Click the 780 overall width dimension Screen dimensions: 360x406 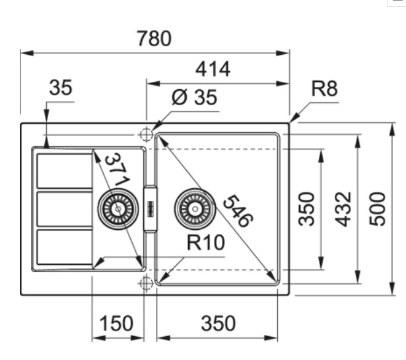154,39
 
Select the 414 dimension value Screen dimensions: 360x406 213,69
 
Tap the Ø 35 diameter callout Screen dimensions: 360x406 193,98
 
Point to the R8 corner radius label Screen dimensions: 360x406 324,89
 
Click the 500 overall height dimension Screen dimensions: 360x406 377,209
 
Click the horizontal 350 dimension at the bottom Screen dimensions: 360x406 217,324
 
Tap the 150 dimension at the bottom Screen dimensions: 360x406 116,324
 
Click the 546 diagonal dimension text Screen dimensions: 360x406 236,211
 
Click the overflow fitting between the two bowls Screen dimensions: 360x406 150,209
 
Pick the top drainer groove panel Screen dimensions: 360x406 64,170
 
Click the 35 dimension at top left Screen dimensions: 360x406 60,88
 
